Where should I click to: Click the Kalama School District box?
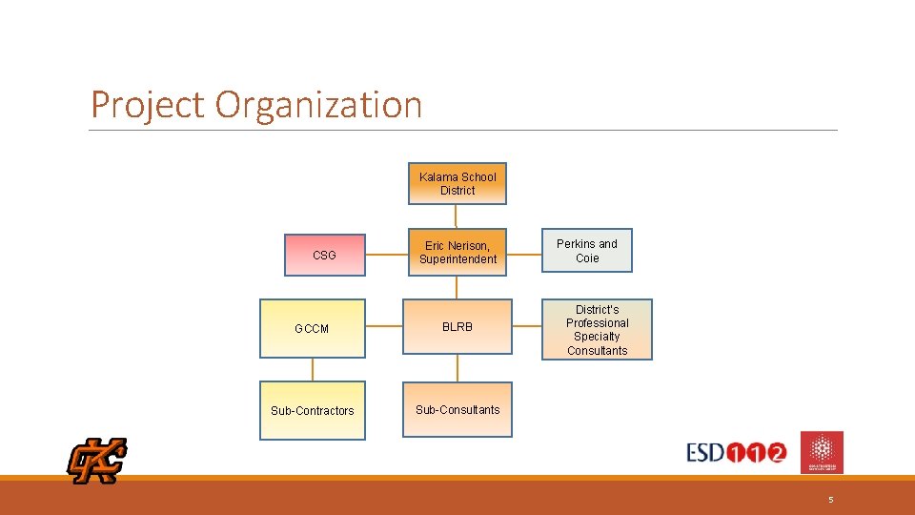point(457,183)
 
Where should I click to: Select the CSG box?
point(324,255)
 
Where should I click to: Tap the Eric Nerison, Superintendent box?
point(457,252)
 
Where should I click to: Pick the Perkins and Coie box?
point(587,251)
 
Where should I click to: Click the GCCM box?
point(312,329)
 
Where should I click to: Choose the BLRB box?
point(457,327)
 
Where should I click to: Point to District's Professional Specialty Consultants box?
point(598,330)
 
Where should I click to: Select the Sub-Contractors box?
point(312,411)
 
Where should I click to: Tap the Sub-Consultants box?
point(457,410)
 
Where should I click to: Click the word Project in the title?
point(148,105)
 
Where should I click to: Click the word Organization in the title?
point(318,105)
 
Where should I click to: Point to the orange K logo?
point(96,461)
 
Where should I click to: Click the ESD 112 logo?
point(737,452)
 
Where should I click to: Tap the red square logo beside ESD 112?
point(822,452)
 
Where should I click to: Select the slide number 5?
point(830,500)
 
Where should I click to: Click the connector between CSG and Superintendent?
point(386,255)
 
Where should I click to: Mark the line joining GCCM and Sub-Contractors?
point(312,370)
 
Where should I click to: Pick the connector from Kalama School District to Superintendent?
point(457,216)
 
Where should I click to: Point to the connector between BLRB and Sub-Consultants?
point(457,368)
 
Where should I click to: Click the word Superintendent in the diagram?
point(458,259)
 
